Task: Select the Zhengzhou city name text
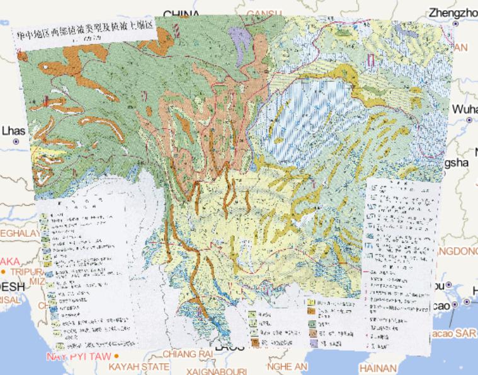click(452, 13)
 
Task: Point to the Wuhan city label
click(465, 109)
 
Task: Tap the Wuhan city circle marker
click(469, 120)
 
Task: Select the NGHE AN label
click(287, 366)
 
